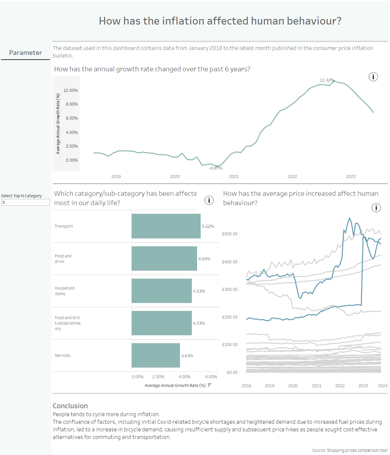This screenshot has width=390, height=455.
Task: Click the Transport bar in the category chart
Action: [166, 226]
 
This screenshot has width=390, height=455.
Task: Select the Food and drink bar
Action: [164, 258]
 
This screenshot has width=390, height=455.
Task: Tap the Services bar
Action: [156, 355]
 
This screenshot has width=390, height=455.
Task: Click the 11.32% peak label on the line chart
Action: [327, 80]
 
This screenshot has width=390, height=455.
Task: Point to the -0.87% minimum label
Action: [216, 168]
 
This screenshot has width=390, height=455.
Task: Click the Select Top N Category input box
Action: [25, 202]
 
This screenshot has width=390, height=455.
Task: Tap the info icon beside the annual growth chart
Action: [373, 77]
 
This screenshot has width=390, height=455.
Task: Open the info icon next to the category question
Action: [209, 200]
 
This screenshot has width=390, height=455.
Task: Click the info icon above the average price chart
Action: [376, 208]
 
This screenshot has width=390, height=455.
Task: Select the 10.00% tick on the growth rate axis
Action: [71, 90]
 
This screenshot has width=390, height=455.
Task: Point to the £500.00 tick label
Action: [230, 234]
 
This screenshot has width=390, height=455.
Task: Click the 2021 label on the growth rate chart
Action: [234, 177]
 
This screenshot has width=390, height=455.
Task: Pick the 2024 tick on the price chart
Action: [382, 386]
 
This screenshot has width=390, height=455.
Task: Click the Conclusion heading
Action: [70, 406]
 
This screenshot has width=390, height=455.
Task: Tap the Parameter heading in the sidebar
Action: [25, 53]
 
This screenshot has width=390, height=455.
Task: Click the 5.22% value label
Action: [208, 226]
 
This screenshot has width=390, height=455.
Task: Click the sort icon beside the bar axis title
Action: [209, 385]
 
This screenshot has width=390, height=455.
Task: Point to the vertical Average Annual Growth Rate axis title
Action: [58, 124]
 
